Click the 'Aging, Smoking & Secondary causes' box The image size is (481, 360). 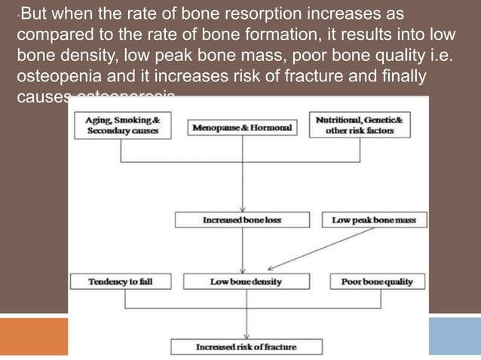coord(121,124)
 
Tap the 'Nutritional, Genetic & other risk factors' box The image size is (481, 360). coord(359,124)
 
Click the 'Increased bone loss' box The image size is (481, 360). coord(242,220)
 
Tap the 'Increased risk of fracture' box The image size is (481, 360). coord(246,347)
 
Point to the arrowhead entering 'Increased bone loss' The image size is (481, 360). coord(242,209)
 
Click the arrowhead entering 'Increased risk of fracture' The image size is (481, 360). coord(246,336)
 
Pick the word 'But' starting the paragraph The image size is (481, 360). coord(34,15)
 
